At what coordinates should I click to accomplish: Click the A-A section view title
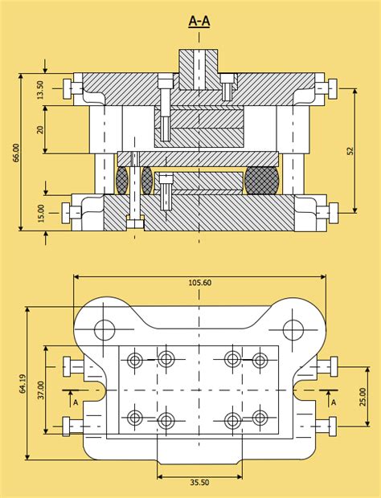click(x=199, y=21)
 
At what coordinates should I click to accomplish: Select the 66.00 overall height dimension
click(x=16, y=153)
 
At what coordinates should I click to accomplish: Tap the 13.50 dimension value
click(x=40, y=90)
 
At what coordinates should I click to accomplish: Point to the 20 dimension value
click(x=40, y=129)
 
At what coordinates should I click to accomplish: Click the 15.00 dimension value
click(x=42, y=213)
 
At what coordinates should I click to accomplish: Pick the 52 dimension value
click(x=350, y=151)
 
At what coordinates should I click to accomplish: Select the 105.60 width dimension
click(x=200, y=283)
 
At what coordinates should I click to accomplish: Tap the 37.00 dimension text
click(x=41, y=390)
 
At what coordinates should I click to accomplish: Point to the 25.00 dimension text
click(x=363, y=397)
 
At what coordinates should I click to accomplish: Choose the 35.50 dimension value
click(x=200, y=483)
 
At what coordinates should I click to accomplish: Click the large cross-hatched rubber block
click(x=262, y=181)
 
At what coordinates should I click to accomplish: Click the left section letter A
click(x=76, y=402)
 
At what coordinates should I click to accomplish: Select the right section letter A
click(x=334, y=402)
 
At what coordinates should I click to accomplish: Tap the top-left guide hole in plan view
click(x=104, y=329)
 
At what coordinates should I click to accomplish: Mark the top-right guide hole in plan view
click(x=293, y=329)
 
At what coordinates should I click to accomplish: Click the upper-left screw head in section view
click(x=67, y=88)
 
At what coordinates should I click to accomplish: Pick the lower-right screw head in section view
click(x=334, y=213)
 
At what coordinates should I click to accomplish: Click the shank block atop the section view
click(x=199, y=69)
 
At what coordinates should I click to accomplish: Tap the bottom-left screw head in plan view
click(x=66, y=427)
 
